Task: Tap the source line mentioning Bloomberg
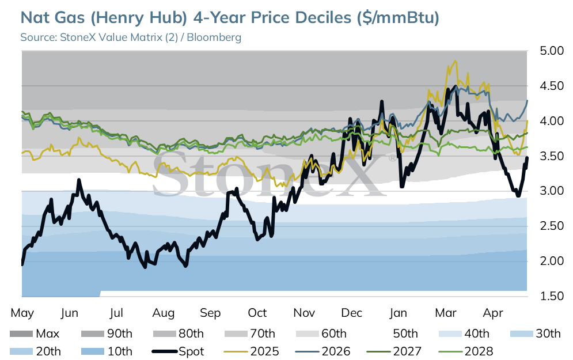coord(131,37)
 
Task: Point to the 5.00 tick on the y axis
coord(552,51)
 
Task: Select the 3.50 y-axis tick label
coord(552,156)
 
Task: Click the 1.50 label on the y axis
coord(552,296)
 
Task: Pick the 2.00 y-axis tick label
coord(552,261)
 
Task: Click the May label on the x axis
coord(22,313)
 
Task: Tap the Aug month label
coord(164,313)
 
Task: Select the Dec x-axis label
coord(351,313)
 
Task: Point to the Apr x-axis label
coord(493,313)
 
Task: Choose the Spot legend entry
coord(177,351)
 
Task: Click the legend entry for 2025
coord(251,351)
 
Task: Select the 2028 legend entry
coord(465,351)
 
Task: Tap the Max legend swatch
coord(21,334)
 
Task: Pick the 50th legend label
coord(405,334)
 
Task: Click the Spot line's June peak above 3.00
coord(78,180)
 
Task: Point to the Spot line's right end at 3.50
coord(527,157)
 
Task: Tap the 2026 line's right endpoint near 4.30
coord(527,100)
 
